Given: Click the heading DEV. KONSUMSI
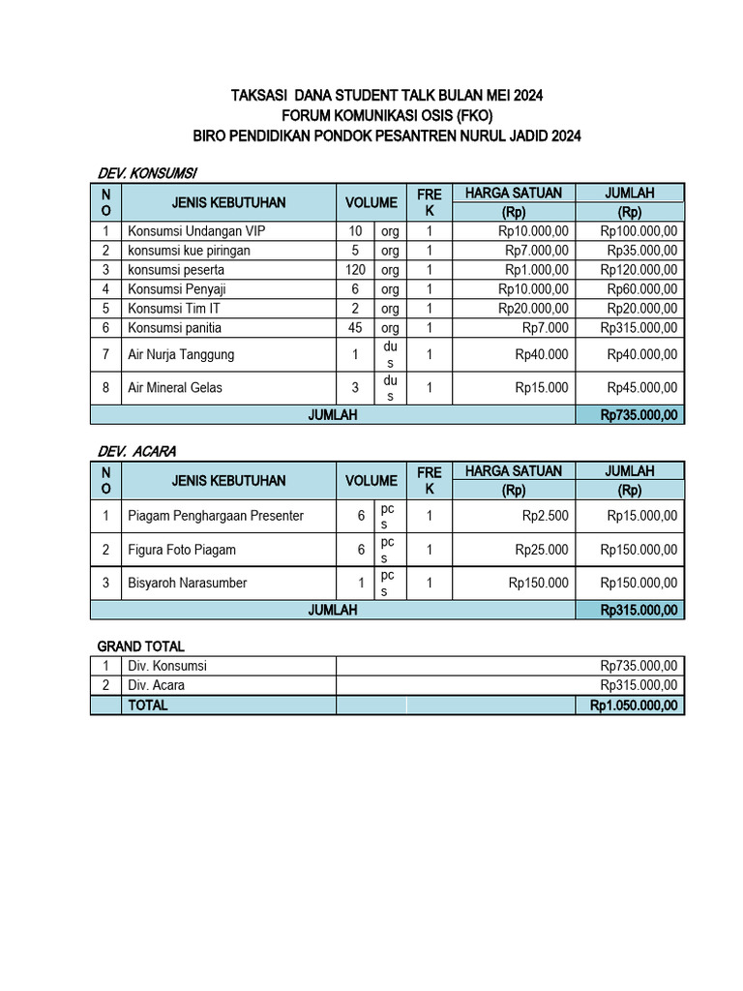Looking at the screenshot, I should click(x=147, y=172).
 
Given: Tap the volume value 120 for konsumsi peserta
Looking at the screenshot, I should click(x=355, y=270).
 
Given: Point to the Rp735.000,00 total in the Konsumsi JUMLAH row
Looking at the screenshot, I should click(x=639, y=415).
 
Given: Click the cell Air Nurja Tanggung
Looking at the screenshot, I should click(x=181, y=354).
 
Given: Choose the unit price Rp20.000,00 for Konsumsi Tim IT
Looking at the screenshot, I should click(x=533, y=309).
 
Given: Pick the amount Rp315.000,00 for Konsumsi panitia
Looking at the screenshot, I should click(x=639, y=328).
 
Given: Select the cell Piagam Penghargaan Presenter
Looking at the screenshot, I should click(x=216, y=516).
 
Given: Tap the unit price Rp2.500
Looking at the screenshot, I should click(x=546, y=516).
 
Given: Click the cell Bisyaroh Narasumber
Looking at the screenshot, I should click(x=187, y=583).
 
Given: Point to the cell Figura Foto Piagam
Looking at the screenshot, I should click(x=182, y=550).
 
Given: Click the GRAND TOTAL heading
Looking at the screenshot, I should click(x=140, y=646).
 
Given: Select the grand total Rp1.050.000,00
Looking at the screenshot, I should click(x=634, y=706).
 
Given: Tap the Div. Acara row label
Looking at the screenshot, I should click(x=156, y=685).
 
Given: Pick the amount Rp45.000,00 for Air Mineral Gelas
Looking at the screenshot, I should click(x=642, y=388).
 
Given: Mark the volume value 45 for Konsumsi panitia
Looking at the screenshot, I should click(x=355, y=328).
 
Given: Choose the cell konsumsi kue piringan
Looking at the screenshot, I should click(x=189, y=251).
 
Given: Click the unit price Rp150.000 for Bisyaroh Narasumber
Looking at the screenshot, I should click(x=539, y=583).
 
